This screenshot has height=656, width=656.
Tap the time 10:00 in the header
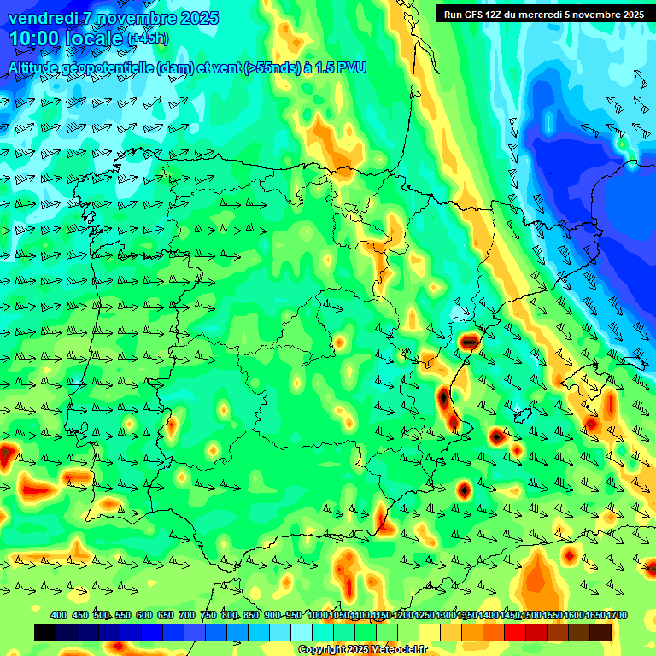click(35, 38)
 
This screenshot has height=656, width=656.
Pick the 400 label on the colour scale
click(59, 615)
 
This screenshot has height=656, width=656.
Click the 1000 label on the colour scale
click(318, 615)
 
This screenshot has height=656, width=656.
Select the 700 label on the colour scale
click(187, 615)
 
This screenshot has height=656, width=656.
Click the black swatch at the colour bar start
click(45, 632)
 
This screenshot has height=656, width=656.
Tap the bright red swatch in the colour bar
click(515, 632)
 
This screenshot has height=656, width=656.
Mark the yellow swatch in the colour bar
click(430, 632)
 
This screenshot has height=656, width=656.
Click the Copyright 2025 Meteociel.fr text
click(362, 649)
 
